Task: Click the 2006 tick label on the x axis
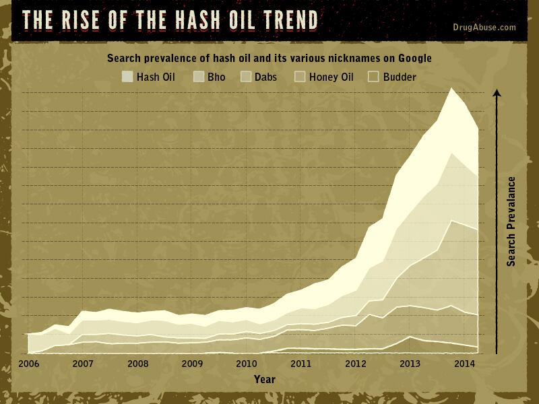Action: click(28, 364)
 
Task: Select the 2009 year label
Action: click(192, 364)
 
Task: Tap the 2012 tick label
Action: click(356, 364)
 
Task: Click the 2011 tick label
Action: click(301, 364)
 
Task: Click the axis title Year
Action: click(264, 380)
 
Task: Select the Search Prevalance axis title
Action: click(511, 221)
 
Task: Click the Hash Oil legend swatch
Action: click(127, 77)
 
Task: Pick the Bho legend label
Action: click(216, 77)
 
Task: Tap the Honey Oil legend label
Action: click(331, 77)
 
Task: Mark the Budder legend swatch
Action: click(373, 77)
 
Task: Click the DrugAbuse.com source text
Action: click(485, 28)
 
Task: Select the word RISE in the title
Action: click(94, 20)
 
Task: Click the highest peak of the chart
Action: click(451, 89)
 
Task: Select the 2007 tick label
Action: click(83, 364)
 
